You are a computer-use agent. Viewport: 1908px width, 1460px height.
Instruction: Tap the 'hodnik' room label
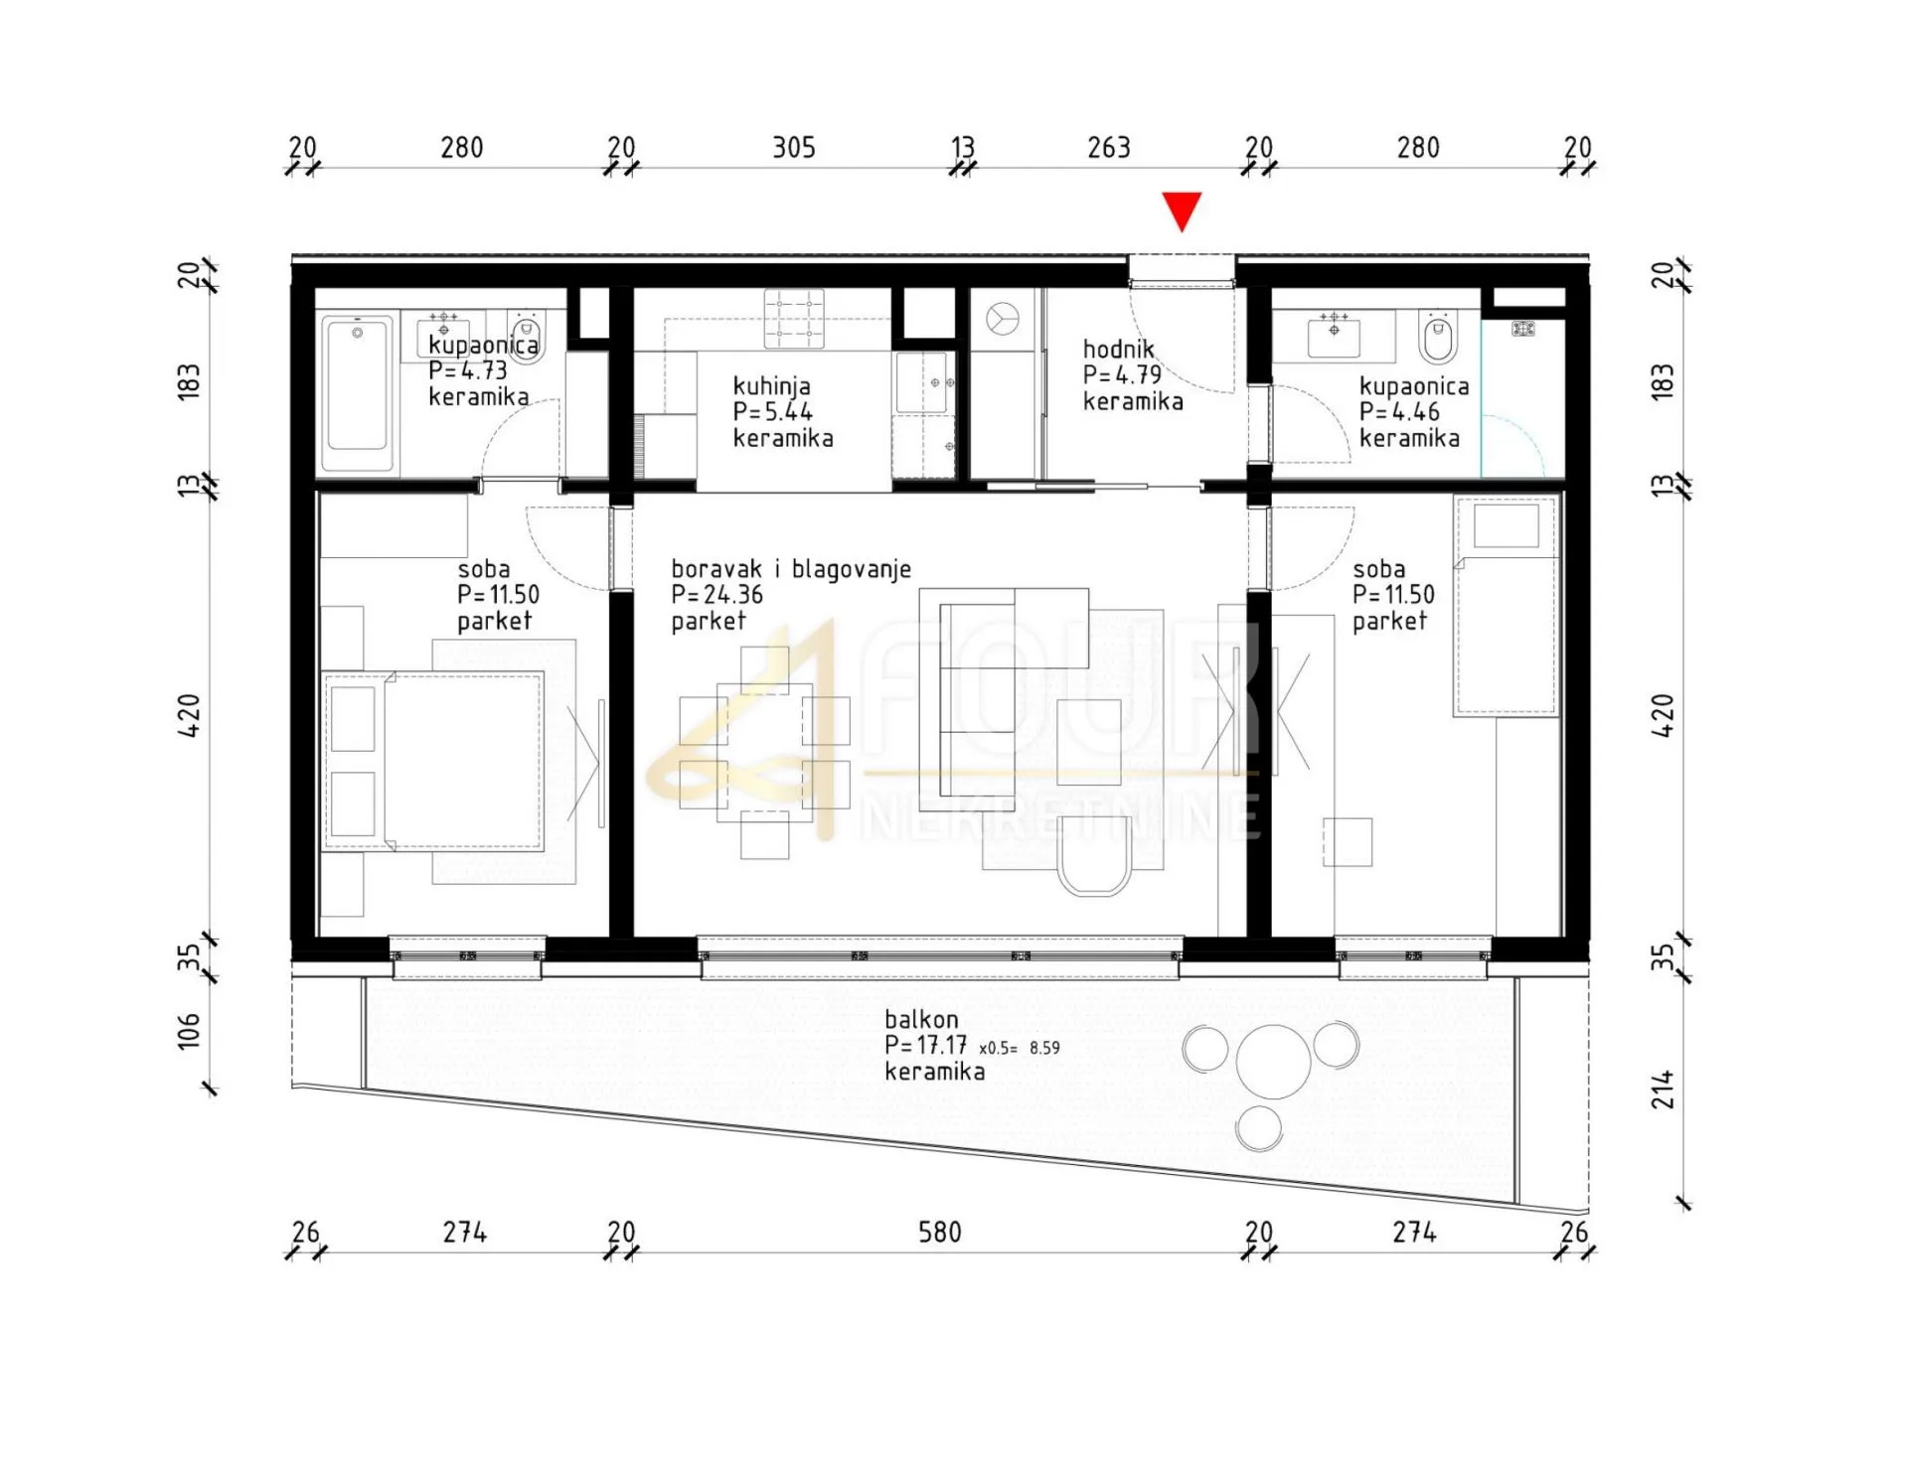[1119, 349]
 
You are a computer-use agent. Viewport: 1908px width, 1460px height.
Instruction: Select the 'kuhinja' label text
[771, 386]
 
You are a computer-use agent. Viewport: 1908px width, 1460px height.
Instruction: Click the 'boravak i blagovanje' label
[791, 569]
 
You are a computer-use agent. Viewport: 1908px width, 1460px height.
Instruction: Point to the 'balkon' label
[921, 1019]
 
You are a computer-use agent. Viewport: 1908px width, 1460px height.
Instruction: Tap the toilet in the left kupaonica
[526, 336]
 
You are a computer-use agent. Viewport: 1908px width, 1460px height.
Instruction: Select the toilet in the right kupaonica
[1437, 336]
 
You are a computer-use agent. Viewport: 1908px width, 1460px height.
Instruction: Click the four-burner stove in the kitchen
[794, 318]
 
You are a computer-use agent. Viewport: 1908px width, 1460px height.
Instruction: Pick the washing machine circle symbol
[1003, 320]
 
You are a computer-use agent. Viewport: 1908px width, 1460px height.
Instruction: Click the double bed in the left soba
[433, 762]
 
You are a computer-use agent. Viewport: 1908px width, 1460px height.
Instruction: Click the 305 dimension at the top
[794, 148]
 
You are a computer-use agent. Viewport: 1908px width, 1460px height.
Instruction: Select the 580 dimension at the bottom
[940, 1233]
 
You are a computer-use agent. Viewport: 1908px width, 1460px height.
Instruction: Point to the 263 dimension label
[1109, 148]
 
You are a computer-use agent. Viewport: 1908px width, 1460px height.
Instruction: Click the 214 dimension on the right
[1663, 1090]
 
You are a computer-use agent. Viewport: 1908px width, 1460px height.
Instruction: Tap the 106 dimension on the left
[188, 1031]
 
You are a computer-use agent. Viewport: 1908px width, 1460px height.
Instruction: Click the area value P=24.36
[716, 595]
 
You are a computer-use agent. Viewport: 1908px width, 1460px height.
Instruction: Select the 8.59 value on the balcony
[1044, 1048]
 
